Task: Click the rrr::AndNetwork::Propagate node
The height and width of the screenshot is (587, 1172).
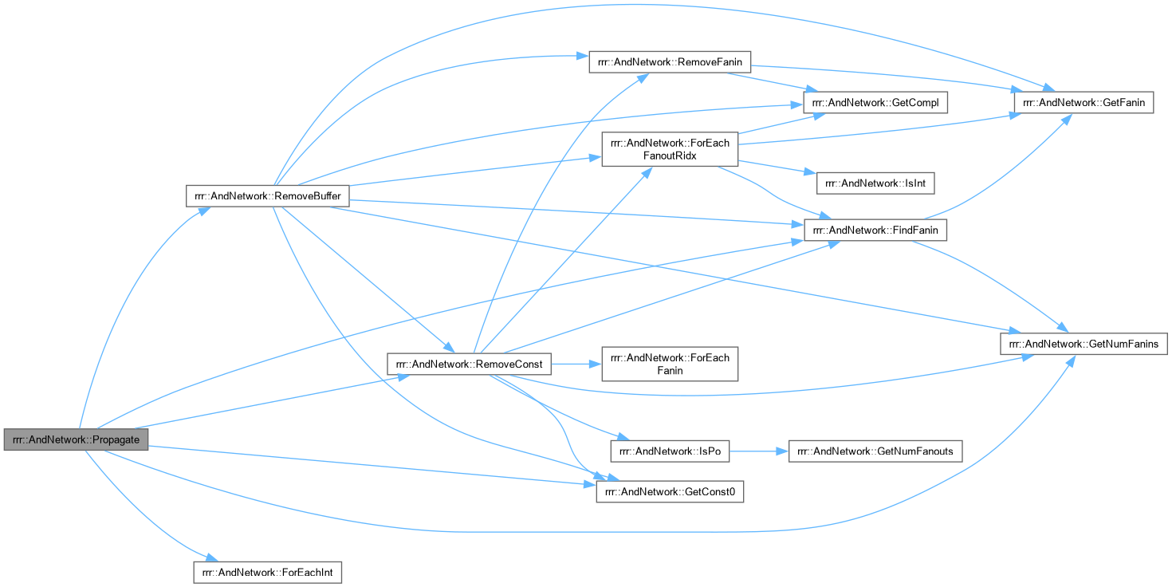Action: (x=76, y=440)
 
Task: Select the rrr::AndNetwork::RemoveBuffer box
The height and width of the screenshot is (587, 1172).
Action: (x=267, y=195)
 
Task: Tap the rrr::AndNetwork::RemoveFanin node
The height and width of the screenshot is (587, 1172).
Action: (x=670, y=63)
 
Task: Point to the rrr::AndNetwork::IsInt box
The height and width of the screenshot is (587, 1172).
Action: (x=875, y=183)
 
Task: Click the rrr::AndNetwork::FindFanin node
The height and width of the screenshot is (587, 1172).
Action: (x=875, y=230)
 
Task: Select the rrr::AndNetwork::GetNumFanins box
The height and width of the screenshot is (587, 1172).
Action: (x=1084, y=344)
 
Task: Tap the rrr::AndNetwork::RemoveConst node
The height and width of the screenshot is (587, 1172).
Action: (x=469, y=364)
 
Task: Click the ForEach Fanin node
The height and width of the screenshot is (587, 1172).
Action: (x=670, y=364)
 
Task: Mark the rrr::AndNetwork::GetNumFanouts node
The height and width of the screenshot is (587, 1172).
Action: (x=875, y=451)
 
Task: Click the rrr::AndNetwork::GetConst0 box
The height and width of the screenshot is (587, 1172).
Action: (x=670, y=492)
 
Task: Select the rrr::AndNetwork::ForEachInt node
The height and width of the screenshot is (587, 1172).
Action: (x=267, y=572)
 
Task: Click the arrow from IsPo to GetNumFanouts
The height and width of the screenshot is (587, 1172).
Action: (x=757, y=451)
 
